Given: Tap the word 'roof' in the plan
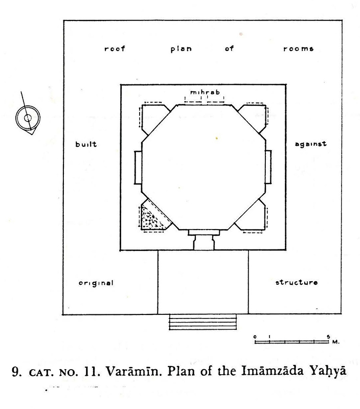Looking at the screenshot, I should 115,50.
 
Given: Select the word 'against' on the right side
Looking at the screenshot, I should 310,144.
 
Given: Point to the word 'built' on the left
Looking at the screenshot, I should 86,144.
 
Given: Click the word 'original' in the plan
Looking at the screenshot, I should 96,283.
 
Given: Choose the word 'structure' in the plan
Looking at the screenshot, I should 297,283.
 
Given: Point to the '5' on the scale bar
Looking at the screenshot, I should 328,335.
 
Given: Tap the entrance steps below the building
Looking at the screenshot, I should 203,324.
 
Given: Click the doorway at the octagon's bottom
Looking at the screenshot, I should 203,240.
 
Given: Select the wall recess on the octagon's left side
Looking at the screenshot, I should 137,168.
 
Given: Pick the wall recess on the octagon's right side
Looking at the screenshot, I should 269,168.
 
